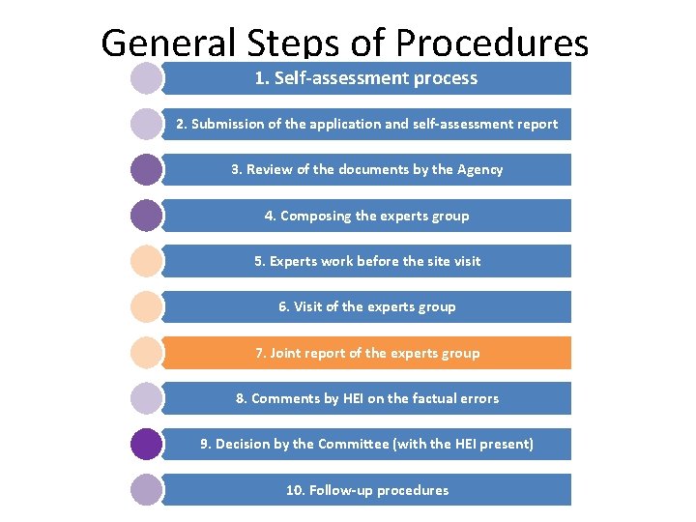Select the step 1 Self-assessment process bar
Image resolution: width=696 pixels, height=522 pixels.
coord(366,78)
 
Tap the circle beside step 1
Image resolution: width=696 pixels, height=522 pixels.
coord(146,78)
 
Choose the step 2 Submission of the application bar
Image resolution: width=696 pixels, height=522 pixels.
coord(366,124)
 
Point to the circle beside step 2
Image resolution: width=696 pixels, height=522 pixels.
coord(146,124)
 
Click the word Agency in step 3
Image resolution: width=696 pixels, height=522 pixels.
coord(479,169)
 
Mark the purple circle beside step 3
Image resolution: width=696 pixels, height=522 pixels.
coord(146,169)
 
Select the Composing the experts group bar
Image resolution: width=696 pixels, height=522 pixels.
coord(366,216)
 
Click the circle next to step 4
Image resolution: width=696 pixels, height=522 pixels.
coord(146,216)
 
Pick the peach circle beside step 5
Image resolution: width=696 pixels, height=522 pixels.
coord(146,261)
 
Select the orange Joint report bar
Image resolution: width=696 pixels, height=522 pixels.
coord(366,353)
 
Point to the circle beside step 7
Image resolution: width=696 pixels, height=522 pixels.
coord(146,353)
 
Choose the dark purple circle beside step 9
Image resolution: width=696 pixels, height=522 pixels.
coord(146,444)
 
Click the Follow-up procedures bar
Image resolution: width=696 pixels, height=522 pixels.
coord(366,490)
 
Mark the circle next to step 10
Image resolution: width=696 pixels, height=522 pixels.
coord(146,490)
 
